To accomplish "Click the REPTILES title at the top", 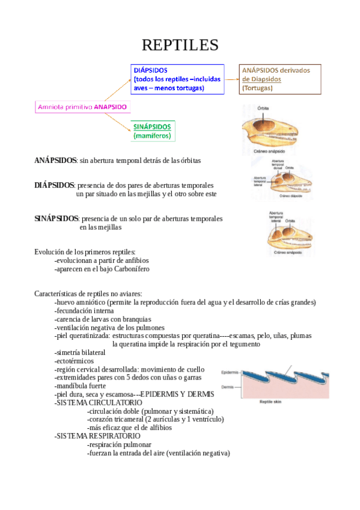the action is coord(180,45).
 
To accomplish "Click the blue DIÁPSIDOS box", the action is coord(177,79).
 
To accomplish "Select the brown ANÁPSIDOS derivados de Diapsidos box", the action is coord(279,79).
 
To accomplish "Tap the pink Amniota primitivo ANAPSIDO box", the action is coord(82,106).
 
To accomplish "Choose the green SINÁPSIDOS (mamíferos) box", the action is coord(152,131).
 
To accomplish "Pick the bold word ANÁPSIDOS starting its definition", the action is coord(55,161).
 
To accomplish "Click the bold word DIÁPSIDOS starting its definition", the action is coord(54,185).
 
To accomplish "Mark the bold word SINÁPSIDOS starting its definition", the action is coord(56,219).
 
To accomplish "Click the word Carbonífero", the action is coord(130,269).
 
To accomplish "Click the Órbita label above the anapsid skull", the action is coord(263,108).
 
